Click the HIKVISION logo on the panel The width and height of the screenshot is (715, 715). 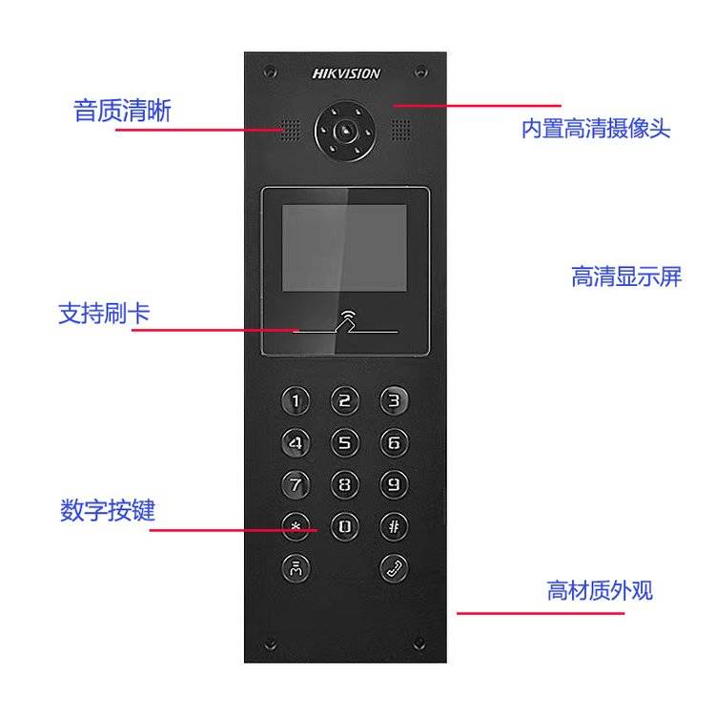[x=346, y=73]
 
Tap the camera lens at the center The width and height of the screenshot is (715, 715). [x=345, y=132]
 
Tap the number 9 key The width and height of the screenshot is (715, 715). [x=394, y=484]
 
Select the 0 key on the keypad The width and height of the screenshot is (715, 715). [x=345, y=526]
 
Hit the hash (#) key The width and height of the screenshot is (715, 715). [x=394, y=526]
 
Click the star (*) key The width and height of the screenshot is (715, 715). [x=296, y=526]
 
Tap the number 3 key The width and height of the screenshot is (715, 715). [x=394, y=400]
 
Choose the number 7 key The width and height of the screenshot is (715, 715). [x=296, y=484]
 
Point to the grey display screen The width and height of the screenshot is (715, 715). [x=344, y=248]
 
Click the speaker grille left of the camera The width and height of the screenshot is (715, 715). [x=290, y=131]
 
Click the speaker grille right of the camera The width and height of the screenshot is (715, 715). [x=400, y=131]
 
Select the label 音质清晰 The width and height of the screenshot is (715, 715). [x=122, y=111]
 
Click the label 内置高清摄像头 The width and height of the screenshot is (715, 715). [x=596, y=128]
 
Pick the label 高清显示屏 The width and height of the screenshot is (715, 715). [x=626, y=276]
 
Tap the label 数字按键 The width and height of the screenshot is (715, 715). [x=108, y=510]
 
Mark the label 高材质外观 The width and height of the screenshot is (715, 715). [x=600, y=590]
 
